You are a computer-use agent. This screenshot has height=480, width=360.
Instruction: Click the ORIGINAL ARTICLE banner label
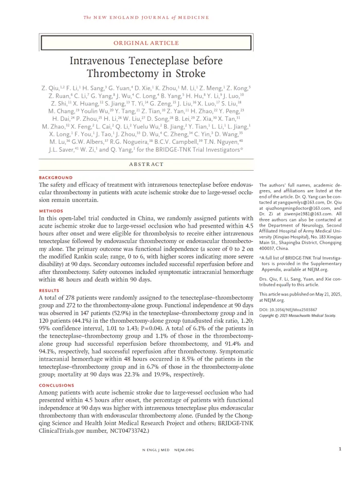[x=147, y=43]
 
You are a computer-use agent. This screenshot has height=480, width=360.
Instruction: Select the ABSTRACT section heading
[x=147, y=164]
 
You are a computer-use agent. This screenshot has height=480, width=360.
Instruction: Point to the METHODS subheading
[x=51, y=211]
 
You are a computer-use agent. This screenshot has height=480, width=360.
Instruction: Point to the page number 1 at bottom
[x=340, y=449]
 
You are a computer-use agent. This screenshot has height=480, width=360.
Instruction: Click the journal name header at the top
[x=147, y=17]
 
